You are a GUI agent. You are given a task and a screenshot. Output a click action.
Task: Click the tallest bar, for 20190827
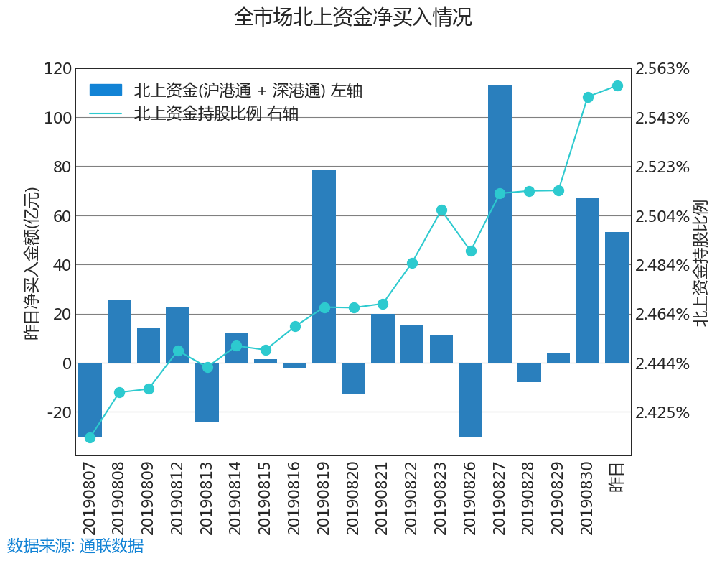pyautogui.click(x=500, y=224)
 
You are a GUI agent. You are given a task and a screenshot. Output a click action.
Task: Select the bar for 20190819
pyautogui.click(x=324, y=266)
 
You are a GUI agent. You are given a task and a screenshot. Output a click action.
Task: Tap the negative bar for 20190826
pyautogui.click(x=470, y=399)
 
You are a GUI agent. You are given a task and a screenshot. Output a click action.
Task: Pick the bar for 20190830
pyautogui.click(x=587, y=280)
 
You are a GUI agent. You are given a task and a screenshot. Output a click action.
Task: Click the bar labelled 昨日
pyautogui.click(x=617, y=297)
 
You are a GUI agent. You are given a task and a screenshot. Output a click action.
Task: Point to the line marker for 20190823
pyautogui.click(x=441, y=210)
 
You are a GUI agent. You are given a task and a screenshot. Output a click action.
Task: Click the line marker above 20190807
pyautogui.click(x=90, y=437)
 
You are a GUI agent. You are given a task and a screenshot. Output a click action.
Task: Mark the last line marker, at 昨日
pyautogui.click(x=617, y=86)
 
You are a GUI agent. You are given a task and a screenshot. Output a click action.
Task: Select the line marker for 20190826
pyautogui.click(x=471, y=251)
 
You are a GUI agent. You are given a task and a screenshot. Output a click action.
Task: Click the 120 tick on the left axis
pyautogui.click(x=58, y=69)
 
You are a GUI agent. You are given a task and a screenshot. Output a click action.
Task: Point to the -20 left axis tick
pyautogui.click(x=58, y=412)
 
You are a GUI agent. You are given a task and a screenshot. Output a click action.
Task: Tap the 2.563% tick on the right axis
pyautogui.click(x=662, y=69)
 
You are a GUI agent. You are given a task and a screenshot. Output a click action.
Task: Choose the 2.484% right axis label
pyautogui.click(x=662, y=265)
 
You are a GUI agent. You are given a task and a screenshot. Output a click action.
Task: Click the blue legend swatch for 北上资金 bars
pyautogui.click(x=106, y=90)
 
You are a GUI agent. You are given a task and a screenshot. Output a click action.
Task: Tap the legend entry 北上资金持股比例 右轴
pyautogui.click(x=216, y=113)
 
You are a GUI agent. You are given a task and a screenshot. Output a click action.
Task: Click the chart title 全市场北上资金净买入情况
pyautogui.click(x=352, y=17)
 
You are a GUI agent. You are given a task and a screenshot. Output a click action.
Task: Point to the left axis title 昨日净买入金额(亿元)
pyautogui.click(x=32, y=264)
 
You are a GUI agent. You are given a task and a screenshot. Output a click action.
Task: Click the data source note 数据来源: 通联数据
pyautogui.click(x=75, y=546)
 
